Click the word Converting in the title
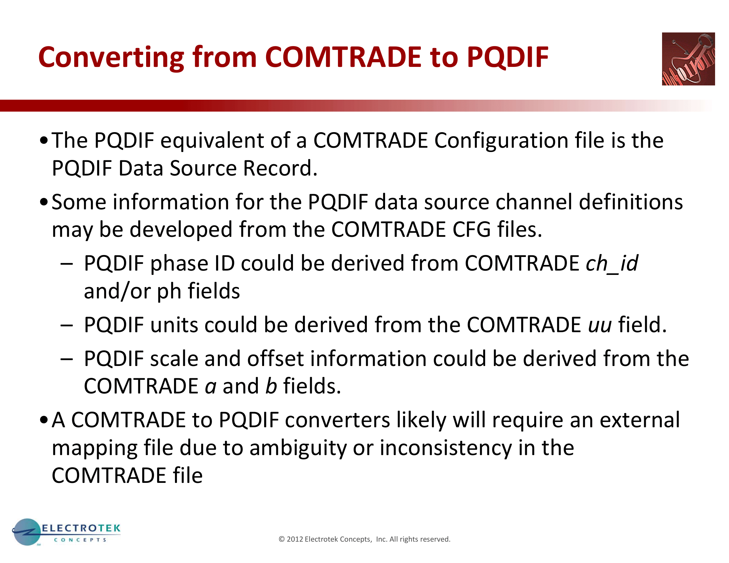[111, 58]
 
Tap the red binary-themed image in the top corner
[688, 59]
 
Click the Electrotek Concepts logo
[66, 532]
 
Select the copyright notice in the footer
[364, 539]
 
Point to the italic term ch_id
[612, 264]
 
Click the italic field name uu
[600, 325]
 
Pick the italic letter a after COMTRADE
[211, 387]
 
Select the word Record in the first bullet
[280, 168]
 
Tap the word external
[640, 420]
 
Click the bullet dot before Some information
[44, 202]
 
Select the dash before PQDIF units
[67, 325]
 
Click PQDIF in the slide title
[507, 58]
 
